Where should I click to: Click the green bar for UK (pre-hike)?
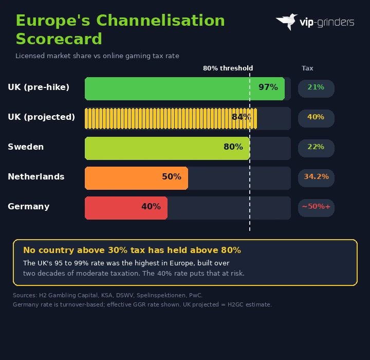tap(170, 88)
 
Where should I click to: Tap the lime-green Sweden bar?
tap(154, 148)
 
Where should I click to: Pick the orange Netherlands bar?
tap(123, 178)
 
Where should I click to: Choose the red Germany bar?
tap(113, 208)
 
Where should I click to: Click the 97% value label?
tap(268, 87)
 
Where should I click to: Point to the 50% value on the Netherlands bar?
tap(171, 177)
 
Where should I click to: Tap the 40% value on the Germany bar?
tap(151, 207)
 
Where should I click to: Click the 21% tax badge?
tap(316, 87)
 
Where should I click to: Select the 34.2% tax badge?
tap(316, 177)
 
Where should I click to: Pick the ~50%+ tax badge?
tap(316, 207)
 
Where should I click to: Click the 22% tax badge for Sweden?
tap(316, 147)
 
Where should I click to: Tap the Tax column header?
tap(307, 68)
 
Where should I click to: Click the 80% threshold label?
tap(228, 68)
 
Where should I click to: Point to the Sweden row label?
tap(26, 147)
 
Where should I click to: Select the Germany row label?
tap(29, 207)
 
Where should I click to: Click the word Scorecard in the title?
tap(59, 39)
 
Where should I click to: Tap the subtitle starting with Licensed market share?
tap(97, 56)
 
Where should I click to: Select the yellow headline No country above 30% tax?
tap(132, 250)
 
